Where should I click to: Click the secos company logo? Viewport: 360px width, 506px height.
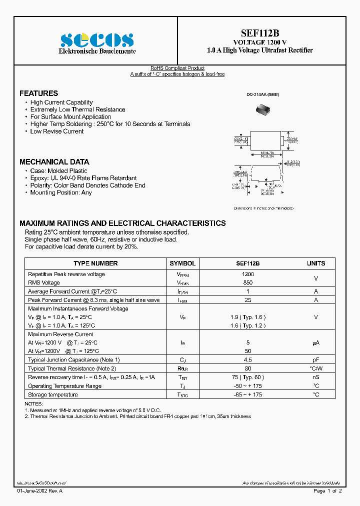pyautogui.click(x=96, y=40)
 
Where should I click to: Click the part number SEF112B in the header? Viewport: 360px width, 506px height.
pyautogui.click(x=259, y=33)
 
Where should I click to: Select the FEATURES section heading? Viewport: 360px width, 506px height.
pyautogui.click(x=38, y=93)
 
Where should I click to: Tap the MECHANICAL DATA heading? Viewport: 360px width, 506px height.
pyautogui.click(x=54, y=162)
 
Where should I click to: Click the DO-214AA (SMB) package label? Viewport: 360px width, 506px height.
pyautogui.click(x=262, y=94)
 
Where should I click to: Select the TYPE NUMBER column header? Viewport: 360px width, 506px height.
pyautogui.click(x=95, y=263)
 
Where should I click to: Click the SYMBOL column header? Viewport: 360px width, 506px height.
pyautogui.click(x=182, y=263)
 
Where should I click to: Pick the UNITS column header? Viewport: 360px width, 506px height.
pyautogui.click(x=315, y=263)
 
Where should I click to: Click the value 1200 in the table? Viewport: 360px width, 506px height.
pyautogui.click(x=248, y=274)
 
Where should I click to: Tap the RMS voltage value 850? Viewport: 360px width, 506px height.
pyautogui.click(x=248, y=282)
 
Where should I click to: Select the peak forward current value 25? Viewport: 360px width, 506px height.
pyautogui.click(x=248, y=300)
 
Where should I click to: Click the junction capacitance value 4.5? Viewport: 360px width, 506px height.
pyautogui.click(x=248, y=360)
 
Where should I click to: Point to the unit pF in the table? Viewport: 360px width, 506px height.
pyautogui.click(x=315, y=360)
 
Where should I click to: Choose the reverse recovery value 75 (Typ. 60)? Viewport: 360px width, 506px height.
pyautogui.click(x=248, y=377)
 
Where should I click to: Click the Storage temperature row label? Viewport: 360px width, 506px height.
pyautogui.click(x=53, y=395)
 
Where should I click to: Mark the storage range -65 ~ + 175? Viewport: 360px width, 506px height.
pyautogui.click(x=248, y=395)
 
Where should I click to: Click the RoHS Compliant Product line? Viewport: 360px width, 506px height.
pyautogui.click(x=177, y=68)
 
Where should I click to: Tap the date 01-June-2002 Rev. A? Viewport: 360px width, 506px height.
pyautogui.click(x=40, y=491)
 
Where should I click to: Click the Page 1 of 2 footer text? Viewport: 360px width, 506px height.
pyautogui.click(x=327, y=491)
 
